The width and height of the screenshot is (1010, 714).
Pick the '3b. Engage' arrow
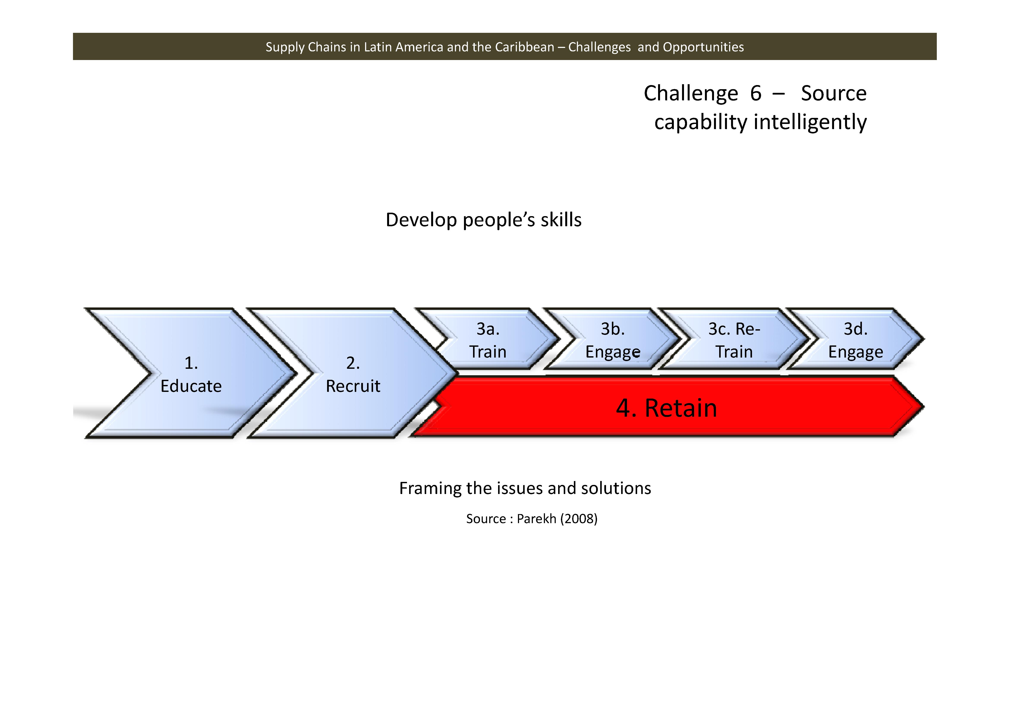tap(612, 340)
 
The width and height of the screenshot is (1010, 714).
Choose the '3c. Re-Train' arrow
tap(734, 340)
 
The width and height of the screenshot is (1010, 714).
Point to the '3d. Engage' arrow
tap(855, 340)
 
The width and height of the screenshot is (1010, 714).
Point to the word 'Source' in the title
tap(833, 93)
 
